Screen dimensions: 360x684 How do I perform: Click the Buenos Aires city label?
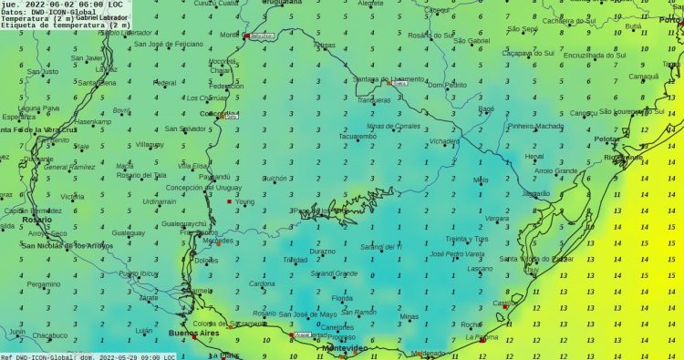202,334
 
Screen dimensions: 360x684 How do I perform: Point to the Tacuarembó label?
358,137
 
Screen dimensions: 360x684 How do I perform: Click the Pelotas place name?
606,139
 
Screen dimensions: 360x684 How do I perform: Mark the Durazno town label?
322,251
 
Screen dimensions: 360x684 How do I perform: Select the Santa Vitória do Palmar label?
534,259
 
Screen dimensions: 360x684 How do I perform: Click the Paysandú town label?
214,177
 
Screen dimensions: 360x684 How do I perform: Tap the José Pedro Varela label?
455,254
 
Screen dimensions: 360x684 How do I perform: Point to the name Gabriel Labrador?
102,18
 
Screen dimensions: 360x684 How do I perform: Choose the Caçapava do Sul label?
529,53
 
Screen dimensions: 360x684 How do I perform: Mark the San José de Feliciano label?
171,44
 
